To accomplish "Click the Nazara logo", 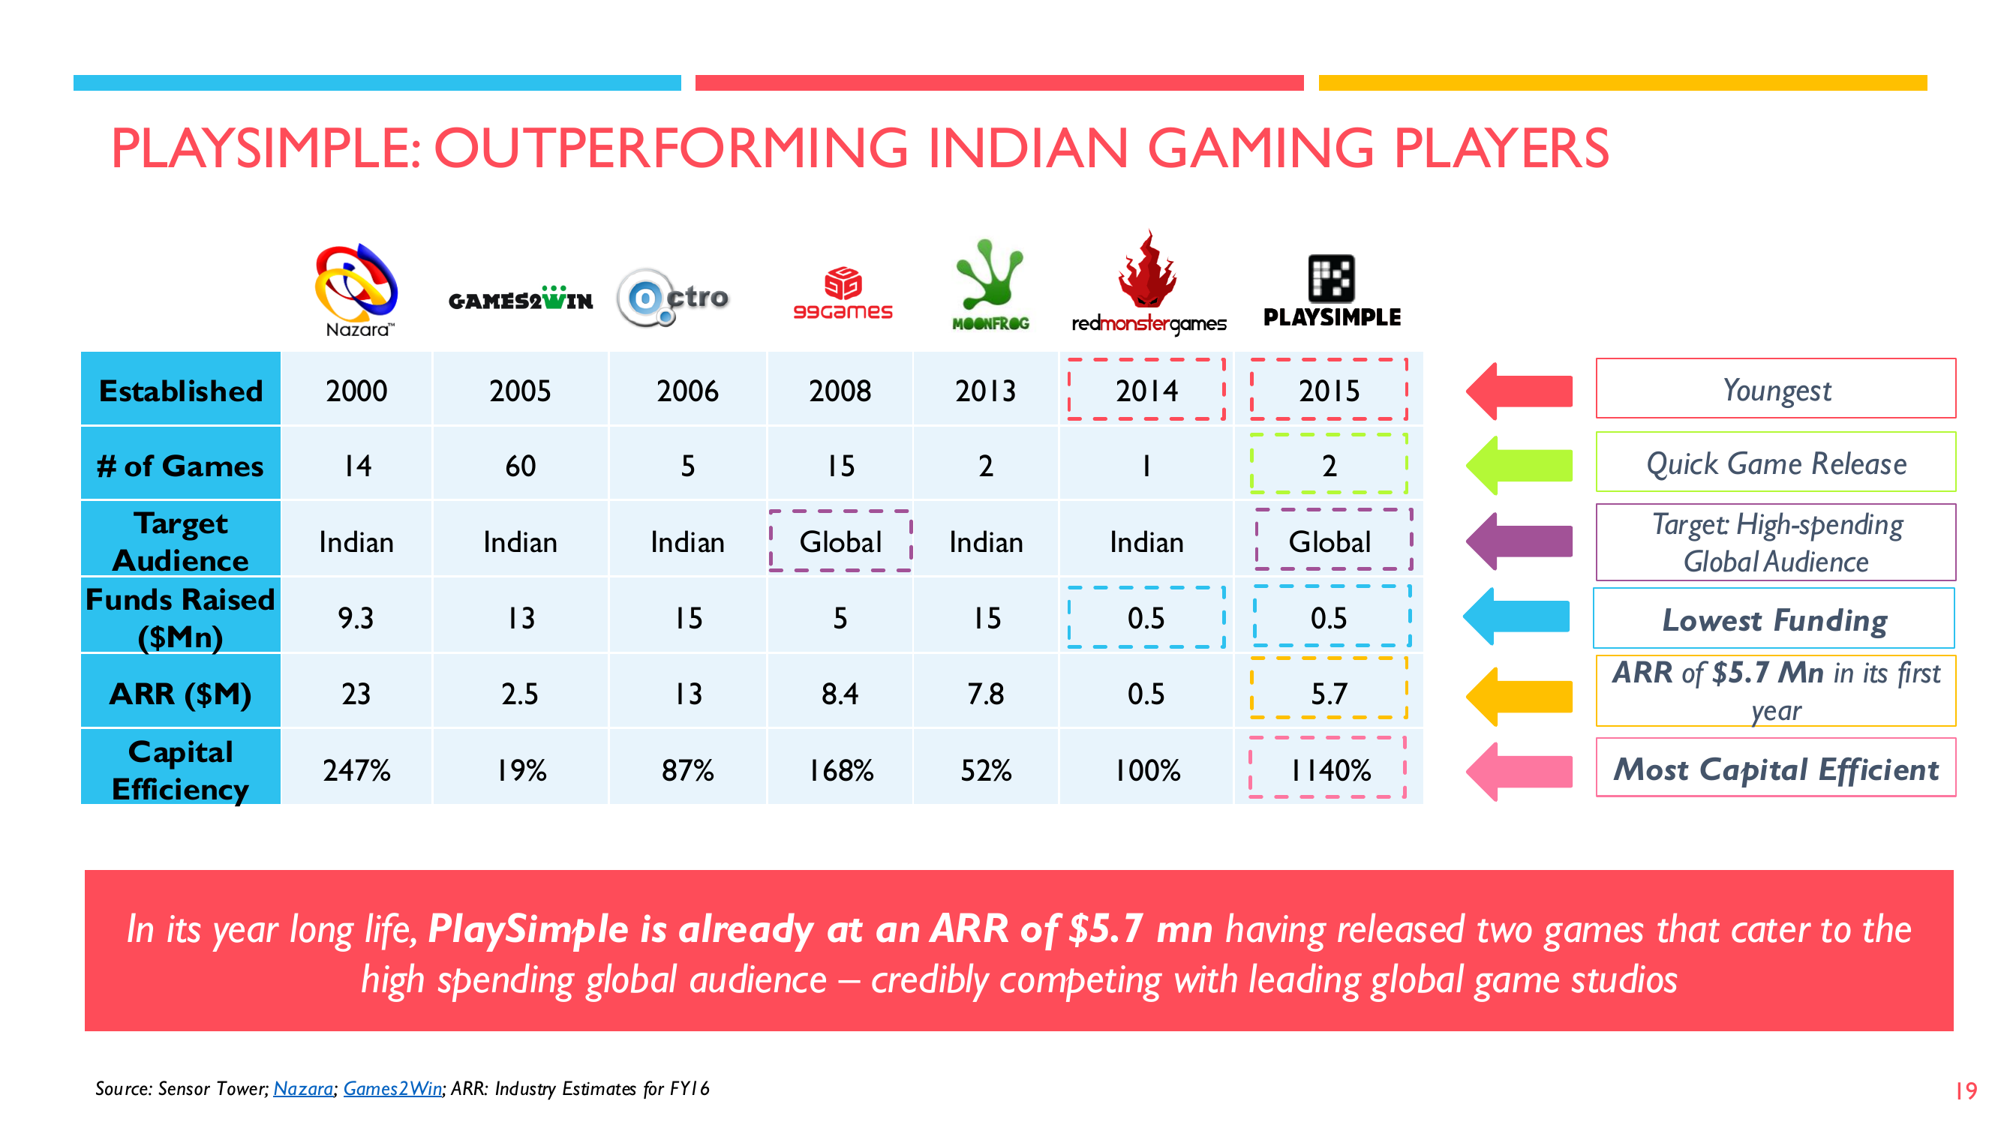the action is coord(356,289).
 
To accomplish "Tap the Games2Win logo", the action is coord(521,298).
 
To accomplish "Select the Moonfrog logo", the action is coord(990,284).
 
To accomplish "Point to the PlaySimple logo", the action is coord(1332,290).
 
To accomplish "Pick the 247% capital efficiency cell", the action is coord(356,769).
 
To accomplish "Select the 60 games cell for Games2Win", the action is coord(521,465).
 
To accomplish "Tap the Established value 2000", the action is coord(356,390).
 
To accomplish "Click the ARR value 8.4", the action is coord(840,693).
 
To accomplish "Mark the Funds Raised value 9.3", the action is coord(356,617).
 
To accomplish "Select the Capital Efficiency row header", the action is coord(180,769).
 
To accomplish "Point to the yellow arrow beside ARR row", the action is coord(1519,696).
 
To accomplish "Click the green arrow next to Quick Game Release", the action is coord(1519,465).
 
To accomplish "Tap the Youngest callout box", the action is coord(1775,388).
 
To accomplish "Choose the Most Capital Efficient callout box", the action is coord(1775,768).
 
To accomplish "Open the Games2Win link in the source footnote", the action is coord(392,1088).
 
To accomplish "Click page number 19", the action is coord(1965,1090).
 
